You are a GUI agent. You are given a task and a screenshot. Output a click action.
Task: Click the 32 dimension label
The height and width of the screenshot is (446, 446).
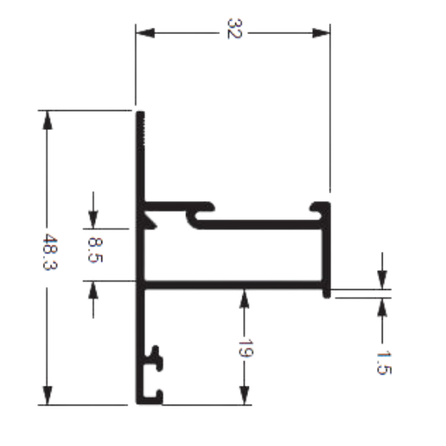pyautogui.click(x=234, y=29)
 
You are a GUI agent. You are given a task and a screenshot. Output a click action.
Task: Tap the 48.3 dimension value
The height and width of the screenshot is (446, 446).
pyautogui.click(x=50, y=252)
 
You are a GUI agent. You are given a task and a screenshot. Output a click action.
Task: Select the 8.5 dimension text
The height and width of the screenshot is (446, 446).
pyautogui.click(x=95, y=250)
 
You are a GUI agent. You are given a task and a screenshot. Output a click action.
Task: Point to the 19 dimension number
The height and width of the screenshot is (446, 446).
pyautogui.click(x=245, y=348)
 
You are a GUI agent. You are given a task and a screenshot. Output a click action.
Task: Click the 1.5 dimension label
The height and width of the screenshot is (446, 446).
pyautogui.click(x=384, y=363)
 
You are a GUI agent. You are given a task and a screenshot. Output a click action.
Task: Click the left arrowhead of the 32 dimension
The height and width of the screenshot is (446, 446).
pyautogui.click(x=145, y=33)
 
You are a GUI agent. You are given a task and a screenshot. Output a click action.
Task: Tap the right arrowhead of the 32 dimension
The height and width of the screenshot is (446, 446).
pyautogui.click(x=321, y=33)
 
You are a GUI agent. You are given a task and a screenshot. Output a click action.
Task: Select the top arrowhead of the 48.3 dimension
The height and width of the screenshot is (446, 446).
pyautogui.click(x=48, y=120)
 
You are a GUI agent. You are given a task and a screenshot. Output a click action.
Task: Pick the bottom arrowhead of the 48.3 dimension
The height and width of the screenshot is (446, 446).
pyautogui.click(x=48, y=395)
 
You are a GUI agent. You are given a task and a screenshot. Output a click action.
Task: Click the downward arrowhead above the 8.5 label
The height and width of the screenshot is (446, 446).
pyautogui.click(x=93, y=219)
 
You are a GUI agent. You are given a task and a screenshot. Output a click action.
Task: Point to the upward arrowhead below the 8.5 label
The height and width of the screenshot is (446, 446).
pyautogui.click(x=93, y=290)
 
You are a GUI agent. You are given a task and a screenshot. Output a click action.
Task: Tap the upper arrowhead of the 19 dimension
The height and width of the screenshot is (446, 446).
pyautogui.click(x=244, y=299)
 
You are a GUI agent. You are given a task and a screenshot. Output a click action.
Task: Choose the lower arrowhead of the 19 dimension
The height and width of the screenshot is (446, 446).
pyautogui.click(x=244, y=395)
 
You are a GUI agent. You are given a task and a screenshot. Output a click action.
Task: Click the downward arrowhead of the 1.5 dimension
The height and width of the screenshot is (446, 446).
pyautogui.click(x=382, y=280)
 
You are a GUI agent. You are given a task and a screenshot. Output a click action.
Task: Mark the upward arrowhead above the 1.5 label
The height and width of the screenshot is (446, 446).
pyautogui.click(x=382, y=307)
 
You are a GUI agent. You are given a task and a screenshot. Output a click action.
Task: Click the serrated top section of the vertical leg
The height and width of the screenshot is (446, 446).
pyautogui.click(x=140, y=128)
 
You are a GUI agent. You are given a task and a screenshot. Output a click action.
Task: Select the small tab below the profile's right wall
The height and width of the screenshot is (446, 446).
pyautogui.click(x=326, y=293)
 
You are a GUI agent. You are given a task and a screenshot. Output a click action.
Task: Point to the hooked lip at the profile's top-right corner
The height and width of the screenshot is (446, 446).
pyautogui.click(x=320, y=208)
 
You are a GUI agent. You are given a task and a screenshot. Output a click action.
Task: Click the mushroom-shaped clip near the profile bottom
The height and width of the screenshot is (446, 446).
pyautogui.click(x=156, y=359)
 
